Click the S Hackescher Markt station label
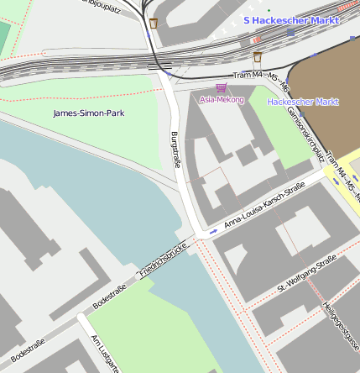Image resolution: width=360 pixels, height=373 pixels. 291,18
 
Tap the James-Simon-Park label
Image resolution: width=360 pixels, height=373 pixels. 88,113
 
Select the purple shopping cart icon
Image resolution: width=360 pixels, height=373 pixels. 222,87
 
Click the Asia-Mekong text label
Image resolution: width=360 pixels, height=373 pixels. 222,100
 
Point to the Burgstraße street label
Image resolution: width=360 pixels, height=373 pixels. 176,150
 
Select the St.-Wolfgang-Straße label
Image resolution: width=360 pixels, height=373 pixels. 306,276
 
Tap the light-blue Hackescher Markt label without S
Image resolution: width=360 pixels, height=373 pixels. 302,102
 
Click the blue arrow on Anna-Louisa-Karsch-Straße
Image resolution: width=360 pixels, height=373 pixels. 214,231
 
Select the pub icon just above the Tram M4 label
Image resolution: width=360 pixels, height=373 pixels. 258,57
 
